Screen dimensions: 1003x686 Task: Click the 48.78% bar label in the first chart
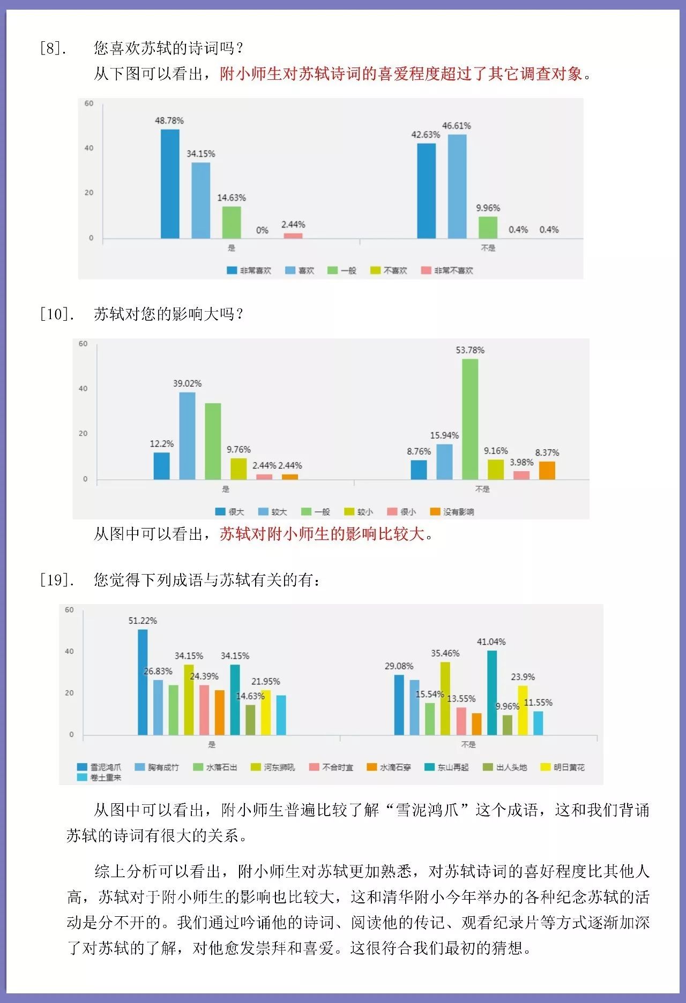(x=169, y=120)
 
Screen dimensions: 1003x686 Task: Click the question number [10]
(x=56, y=314)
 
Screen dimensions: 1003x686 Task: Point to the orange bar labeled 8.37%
(x=547, y=470)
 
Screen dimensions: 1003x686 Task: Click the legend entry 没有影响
(x=452, y=511)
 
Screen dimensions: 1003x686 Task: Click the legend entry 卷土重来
(x=100, y=778)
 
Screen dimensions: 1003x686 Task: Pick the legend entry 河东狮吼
(x=273, y=767)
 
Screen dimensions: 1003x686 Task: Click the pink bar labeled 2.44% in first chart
(x=293, y=236)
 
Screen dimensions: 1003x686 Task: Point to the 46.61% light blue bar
(x=457, y=186)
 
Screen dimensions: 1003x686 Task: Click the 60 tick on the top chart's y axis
(x=89, y=103)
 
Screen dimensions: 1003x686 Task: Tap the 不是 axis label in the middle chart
(x=482, y=489)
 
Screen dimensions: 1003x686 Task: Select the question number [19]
(x=56, y=580)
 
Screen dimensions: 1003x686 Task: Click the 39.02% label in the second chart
(x=187, y=383)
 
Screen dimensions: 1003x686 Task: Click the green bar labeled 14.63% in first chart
(x=232, y=222)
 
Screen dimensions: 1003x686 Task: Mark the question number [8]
(x=53, y=48)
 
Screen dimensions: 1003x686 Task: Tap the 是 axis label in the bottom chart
(x=212, y=744)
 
